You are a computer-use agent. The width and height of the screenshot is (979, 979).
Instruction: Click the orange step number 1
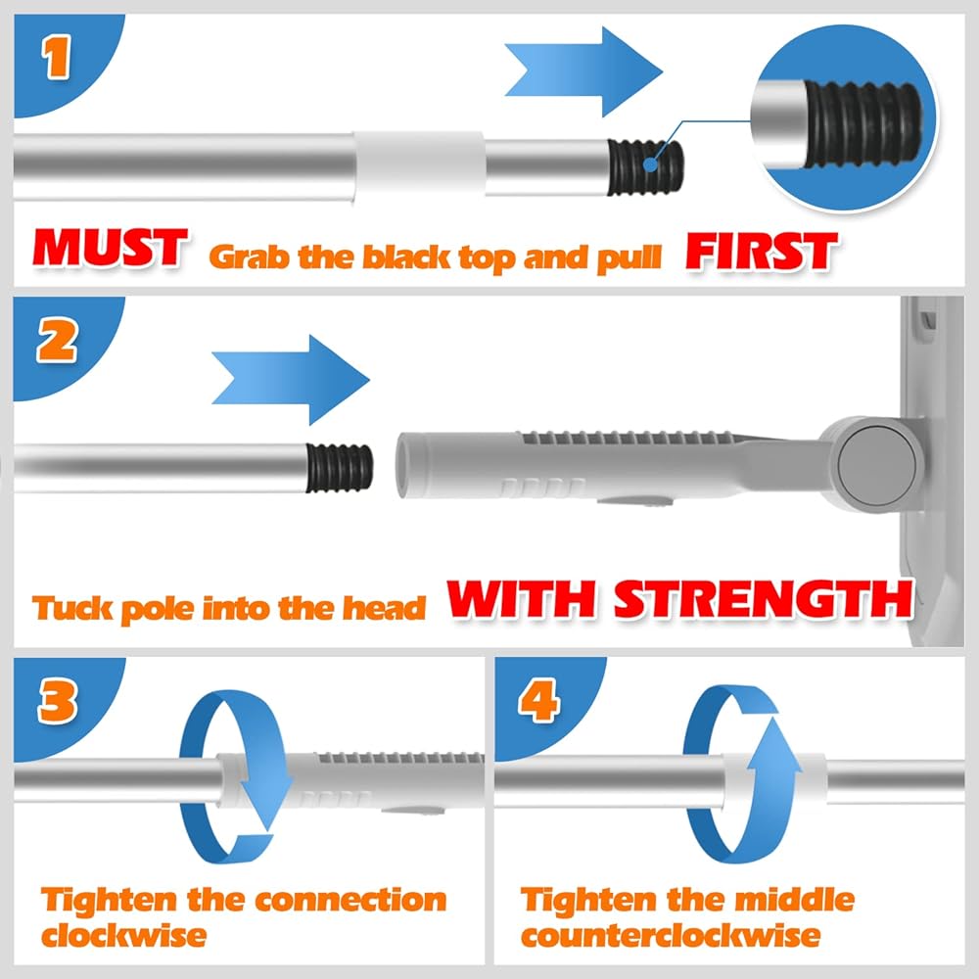click(x=57, y=57)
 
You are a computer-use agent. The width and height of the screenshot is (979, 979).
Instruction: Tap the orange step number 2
click(x=58, y=342)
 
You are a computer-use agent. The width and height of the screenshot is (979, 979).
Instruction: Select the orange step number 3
click(x=58, y=700)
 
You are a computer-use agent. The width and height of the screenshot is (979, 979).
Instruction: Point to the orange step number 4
click(x=538, y=700)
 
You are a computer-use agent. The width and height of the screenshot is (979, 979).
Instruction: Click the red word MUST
click(x=112, y=249)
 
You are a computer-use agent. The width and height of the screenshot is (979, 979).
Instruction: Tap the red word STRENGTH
click(x=764, y=599)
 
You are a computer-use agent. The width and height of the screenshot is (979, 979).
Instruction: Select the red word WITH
click(x=522, y=599)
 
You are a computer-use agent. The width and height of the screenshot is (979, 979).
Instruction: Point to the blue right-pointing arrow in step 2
click(x=291, y=380)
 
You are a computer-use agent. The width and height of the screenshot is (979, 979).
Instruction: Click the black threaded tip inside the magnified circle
click(x=862, y=124)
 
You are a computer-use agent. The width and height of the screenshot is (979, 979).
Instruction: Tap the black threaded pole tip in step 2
click(x=340, y=468)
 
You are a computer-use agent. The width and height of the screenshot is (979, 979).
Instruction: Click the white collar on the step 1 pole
click(x=420, y=166)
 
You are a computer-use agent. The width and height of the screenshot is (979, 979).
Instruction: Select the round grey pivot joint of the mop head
click(x=876, y=462)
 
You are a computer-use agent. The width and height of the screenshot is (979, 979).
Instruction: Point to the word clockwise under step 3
click(x=123, y=935)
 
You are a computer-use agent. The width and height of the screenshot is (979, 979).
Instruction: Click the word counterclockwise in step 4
click(x=671, y=935)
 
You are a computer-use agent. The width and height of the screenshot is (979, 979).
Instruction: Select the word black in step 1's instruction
click(x=406, y=256)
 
